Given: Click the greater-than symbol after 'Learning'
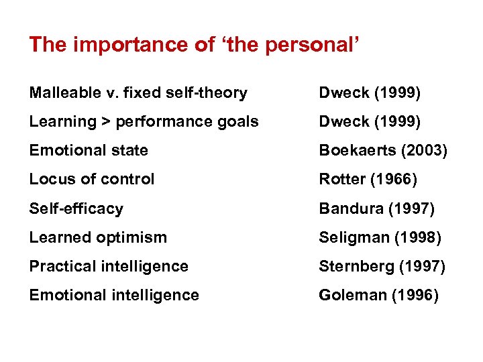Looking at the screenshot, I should click(106, 122).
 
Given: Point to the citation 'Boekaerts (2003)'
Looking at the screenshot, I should click(383, 151).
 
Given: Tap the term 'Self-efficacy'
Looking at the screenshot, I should click(76, 208).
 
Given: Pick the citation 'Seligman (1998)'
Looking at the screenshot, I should click(379, 237).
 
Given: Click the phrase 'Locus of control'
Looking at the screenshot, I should click(92, 180).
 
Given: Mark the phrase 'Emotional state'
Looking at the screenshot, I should click(89, 151).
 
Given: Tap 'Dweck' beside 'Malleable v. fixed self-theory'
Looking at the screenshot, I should click(343, 93).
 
